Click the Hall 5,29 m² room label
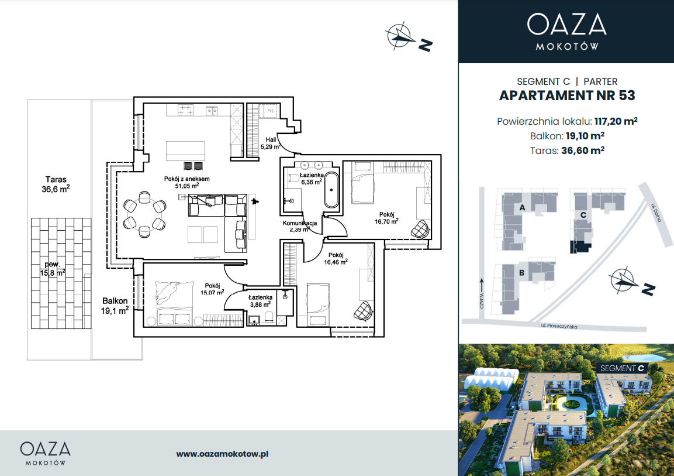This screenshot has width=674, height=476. (x=271, y=143)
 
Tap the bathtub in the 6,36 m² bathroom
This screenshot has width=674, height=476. (x=331, y=190)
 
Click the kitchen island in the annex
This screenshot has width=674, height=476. (x=185, y=150)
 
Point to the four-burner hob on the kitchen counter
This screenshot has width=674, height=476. (x=186, y=109)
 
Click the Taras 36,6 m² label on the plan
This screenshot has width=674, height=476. (x=56, y=184)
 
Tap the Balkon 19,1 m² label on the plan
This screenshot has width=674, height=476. (x=115, y=306)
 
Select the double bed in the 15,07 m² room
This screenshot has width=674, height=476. (x=175, y=303)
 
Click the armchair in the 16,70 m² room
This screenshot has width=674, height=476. (x=420, y=229)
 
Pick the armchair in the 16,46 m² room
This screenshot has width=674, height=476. (x=363, y=310)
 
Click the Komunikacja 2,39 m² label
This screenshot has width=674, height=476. (x=300, y=227)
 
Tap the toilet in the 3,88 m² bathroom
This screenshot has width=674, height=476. (x=269, y=318)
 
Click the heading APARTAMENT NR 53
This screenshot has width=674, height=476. (x=567, y=95)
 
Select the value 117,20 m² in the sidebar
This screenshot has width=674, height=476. (x=616, y=121)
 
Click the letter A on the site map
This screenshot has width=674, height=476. (x=522, y=207)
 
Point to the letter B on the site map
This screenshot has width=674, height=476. (x=522, y=272)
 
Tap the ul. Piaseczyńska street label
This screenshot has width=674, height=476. (x=559, y=326)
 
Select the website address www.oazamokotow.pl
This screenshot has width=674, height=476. (x=222, y=454)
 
